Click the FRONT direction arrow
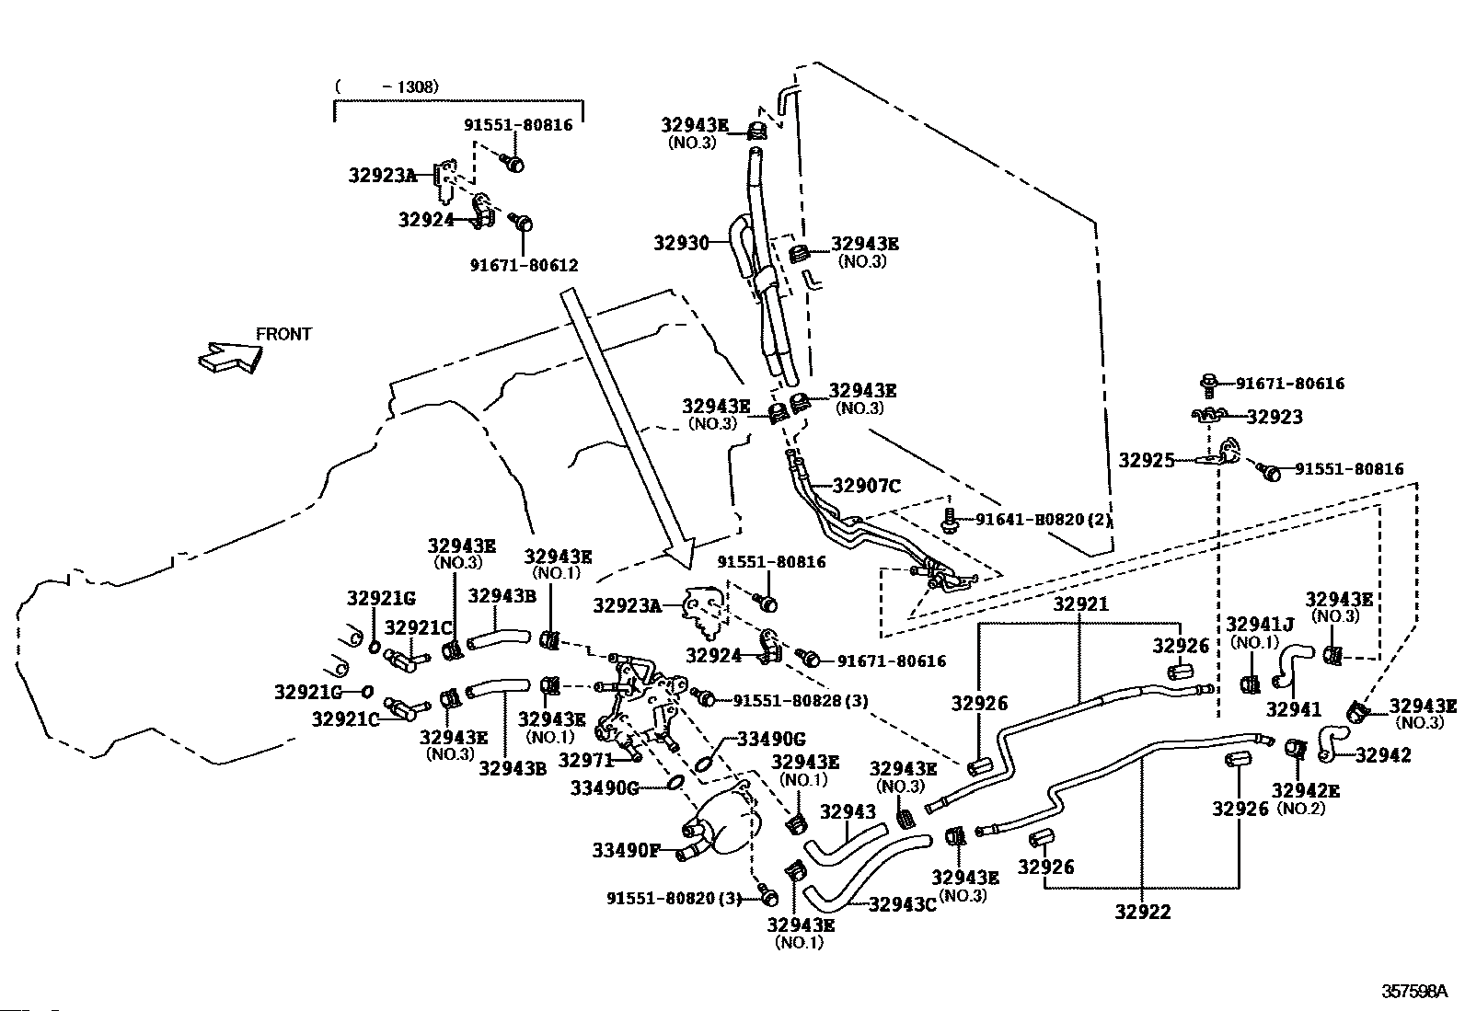(230, 357)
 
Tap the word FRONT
(283, 334)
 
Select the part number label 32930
(682, 243)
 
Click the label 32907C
(867, 486)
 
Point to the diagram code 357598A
(1414, 991)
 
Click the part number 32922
(1143, 911)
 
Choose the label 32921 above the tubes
(1081, 603)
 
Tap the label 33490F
(626, 850)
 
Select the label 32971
(586, 760)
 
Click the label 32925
(1147, 460)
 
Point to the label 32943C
(903, 904)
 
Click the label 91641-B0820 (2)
(1044, 519)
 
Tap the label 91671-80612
(524, 265)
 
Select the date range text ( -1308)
(386, 86)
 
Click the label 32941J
(1260, 625)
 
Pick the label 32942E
(1306, 790)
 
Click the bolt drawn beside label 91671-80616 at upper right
(1208, 385)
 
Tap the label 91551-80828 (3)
(801, 700)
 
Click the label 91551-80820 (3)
(674, 899)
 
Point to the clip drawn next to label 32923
(1209, 416)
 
